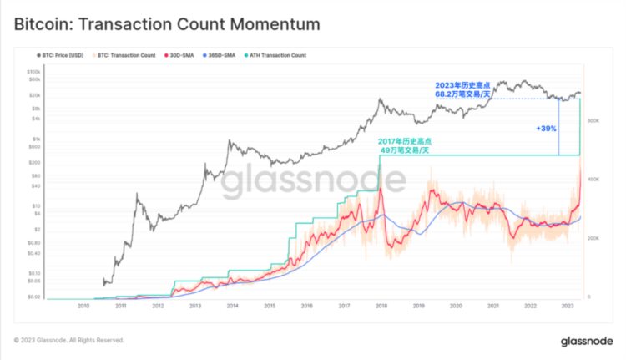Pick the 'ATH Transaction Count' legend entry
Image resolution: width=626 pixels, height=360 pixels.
[275, 56]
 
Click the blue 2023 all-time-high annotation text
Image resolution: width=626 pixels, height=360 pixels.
[462, 90]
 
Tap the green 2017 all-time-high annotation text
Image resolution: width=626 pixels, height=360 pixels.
[403, 145]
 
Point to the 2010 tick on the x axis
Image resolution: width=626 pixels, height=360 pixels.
[83, 307]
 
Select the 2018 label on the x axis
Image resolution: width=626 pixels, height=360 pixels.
[381, 307]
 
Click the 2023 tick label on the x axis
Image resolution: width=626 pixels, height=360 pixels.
[566, 307]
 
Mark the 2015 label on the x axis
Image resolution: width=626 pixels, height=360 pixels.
[269, 307]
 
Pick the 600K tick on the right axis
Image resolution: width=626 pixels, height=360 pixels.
[594, 121]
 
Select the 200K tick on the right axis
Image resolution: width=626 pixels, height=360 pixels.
[594, 238]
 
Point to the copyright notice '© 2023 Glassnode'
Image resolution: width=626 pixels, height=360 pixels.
[69, 341]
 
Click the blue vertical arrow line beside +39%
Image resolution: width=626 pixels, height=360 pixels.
[558, 127]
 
